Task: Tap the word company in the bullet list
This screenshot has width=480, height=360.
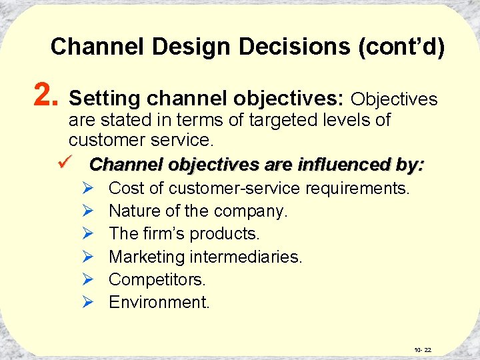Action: (x=251, y=211)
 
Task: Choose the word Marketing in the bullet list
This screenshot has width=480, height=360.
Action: (x=147, y=257)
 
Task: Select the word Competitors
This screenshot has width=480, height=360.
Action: (x=157, y=279)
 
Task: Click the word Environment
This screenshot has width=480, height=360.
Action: (x=159, y=302)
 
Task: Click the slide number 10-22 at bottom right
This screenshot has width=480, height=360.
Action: (x=423, y=349)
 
